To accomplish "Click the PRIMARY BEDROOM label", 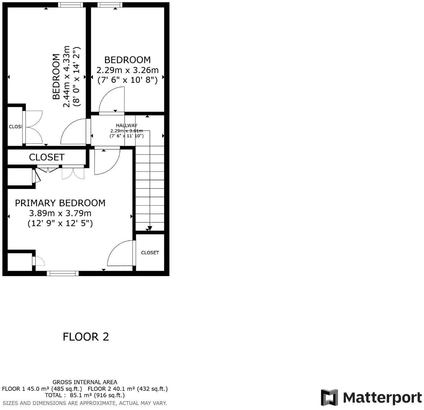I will [60, 203].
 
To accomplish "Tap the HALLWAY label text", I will [126, 125].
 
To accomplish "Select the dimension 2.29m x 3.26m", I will [127, 70].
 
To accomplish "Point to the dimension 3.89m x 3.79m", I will [60, 213].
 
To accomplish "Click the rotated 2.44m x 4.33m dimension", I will [66, 76].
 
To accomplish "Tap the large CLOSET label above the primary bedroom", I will [47, 157].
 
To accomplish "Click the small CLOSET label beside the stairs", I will [150, 253].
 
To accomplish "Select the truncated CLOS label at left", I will [15, 127].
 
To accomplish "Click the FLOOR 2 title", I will [86, 337].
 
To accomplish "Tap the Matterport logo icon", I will [329, 398].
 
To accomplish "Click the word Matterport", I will [382, 398].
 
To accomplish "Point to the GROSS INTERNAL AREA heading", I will [85, 382].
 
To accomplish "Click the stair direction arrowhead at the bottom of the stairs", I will [150, 228].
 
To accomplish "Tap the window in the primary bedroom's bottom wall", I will [63, 273].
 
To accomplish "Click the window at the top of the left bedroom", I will [70, 5].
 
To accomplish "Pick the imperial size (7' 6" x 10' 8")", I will [127, 80].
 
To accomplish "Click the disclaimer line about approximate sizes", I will [85, 403].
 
